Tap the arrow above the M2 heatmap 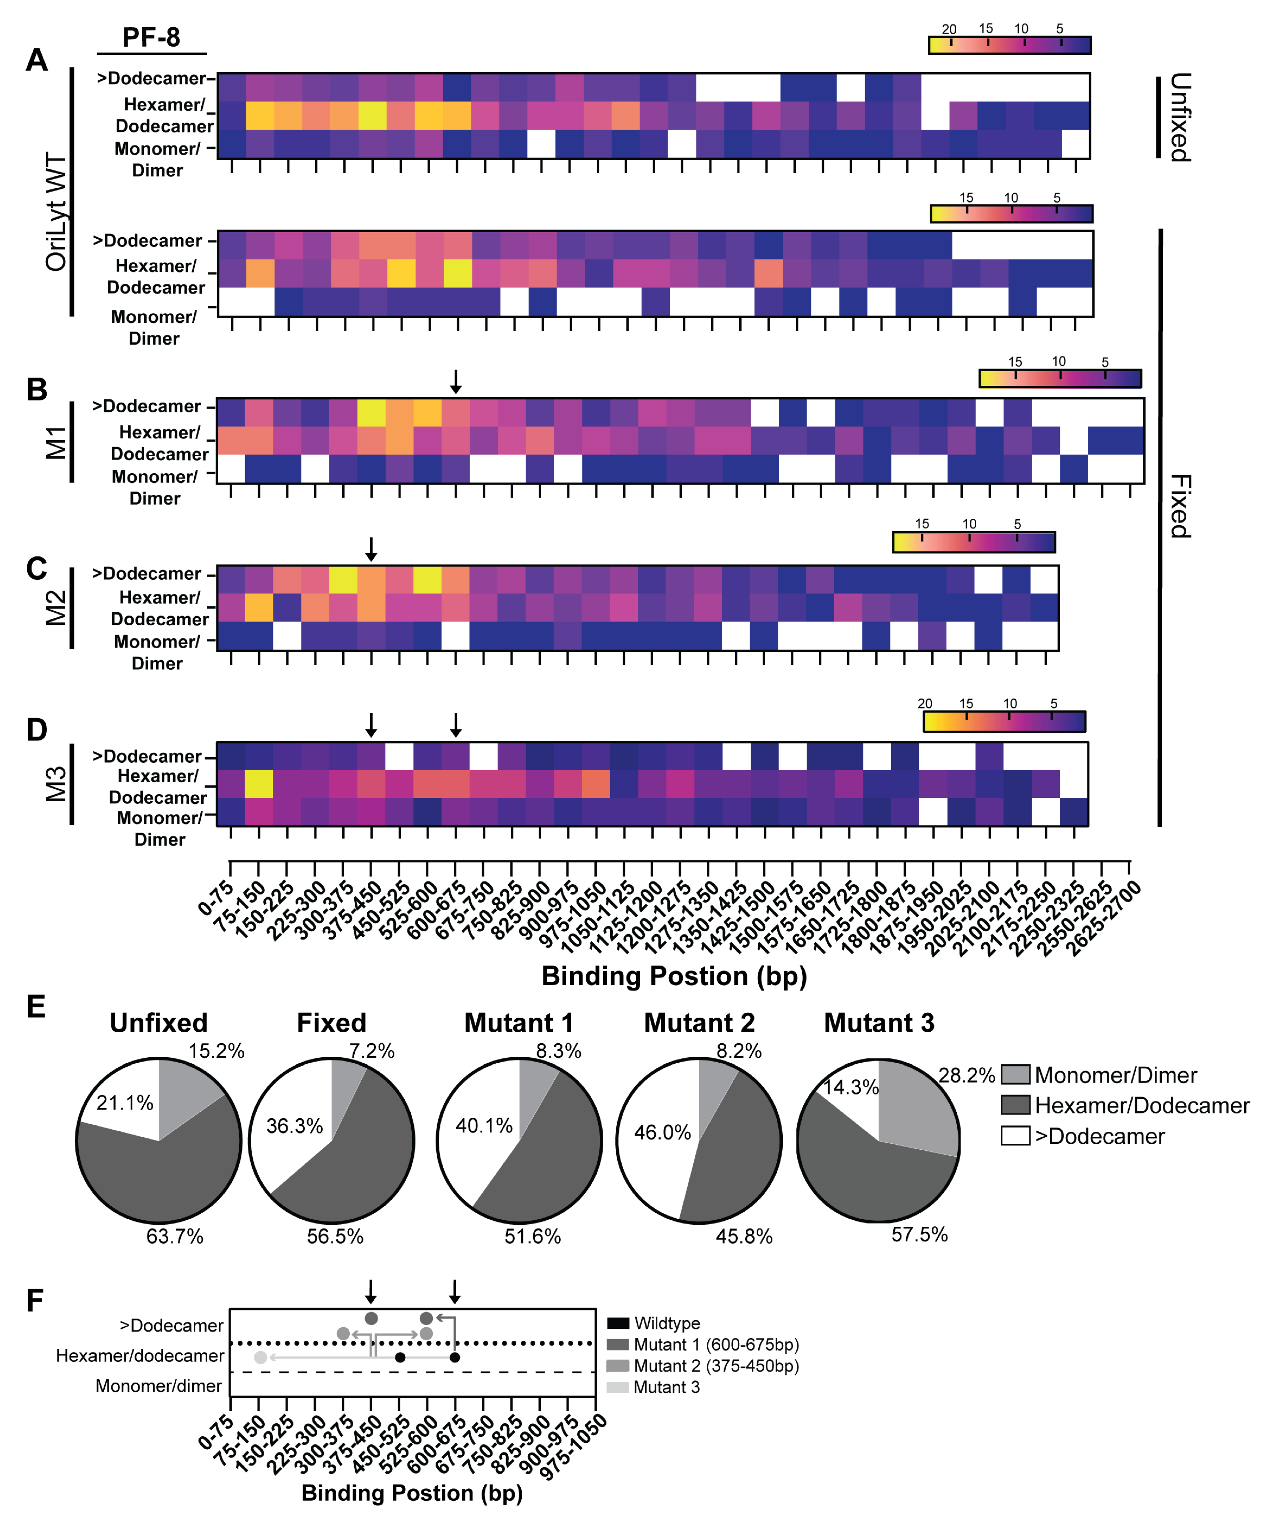371,548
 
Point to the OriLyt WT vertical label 56,212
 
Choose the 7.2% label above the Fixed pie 371,1051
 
